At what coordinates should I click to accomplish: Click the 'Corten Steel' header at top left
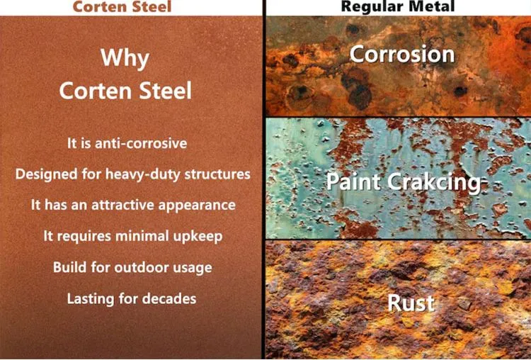[x=132, y=7]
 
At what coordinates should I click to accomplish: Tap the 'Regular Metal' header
[x=397, y=7]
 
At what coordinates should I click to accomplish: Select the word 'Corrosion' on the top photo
[x=402, y=54]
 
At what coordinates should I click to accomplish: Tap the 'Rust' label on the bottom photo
[x=411, y=303]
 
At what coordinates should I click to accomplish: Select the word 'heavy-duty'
[x=152, y=174]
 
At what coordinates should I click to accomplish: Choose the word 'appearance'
[x=200, y=205]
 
